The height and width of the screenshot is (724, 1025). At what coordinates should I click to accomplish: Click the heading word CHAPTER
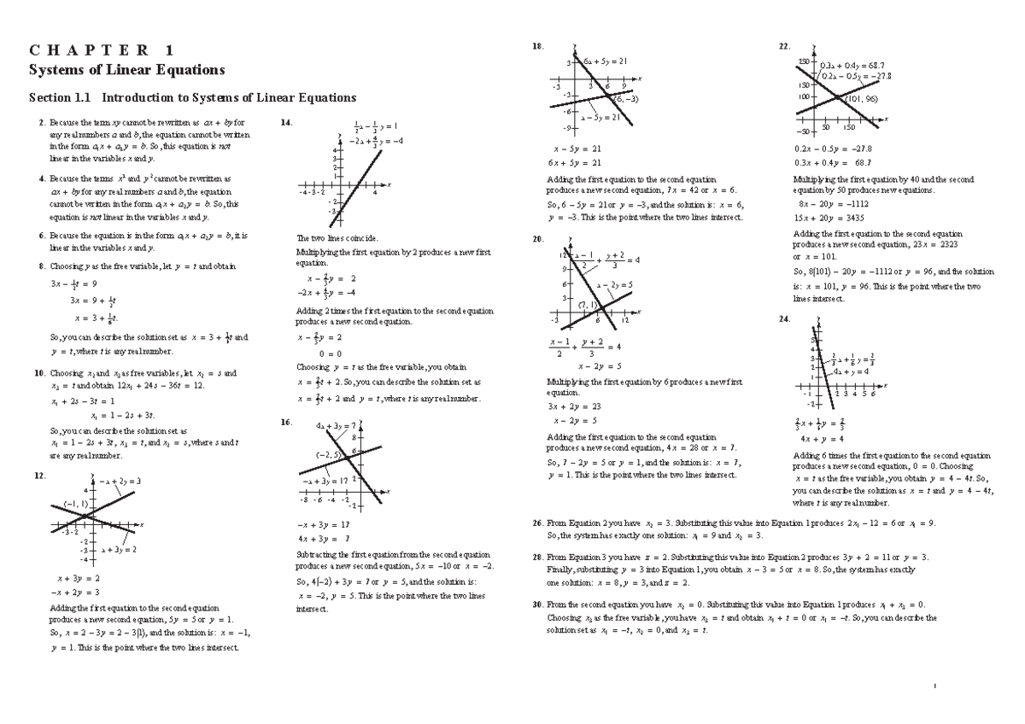[101, 49]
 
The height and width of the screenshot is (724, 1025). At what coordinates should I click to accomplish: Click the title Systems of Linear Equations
[126, 69]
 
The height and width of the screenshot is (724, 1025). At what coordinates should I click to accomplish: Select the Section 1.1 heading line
[192, 97]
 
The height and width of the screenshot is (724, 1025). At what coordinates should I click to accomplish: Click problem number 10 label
[38, 373]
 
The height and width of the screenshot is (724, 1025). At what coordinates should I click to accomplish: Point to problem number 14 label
[286, 123]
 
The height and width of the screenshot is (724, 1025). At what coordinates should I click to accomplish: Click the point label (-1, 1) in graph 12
[74, 504]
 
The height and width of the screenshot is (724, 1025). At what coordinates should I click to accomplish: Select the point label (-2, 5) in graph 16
[329, 454]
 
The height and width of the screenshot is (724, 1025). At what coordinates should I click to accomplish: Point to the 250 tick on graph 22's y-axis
[803, 62]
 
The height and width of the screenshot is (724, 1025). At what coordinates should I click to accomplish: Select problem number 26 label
[536, 523]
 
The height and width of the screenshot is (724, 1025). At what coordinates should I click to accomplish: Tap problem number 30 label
[536, 604]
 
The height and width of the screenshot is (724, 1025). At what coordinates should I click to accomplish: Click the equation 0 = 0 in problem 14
[331, 353]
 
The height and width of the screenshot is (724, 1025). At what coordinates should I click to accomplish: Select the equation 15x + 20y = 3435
[835, 219]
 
